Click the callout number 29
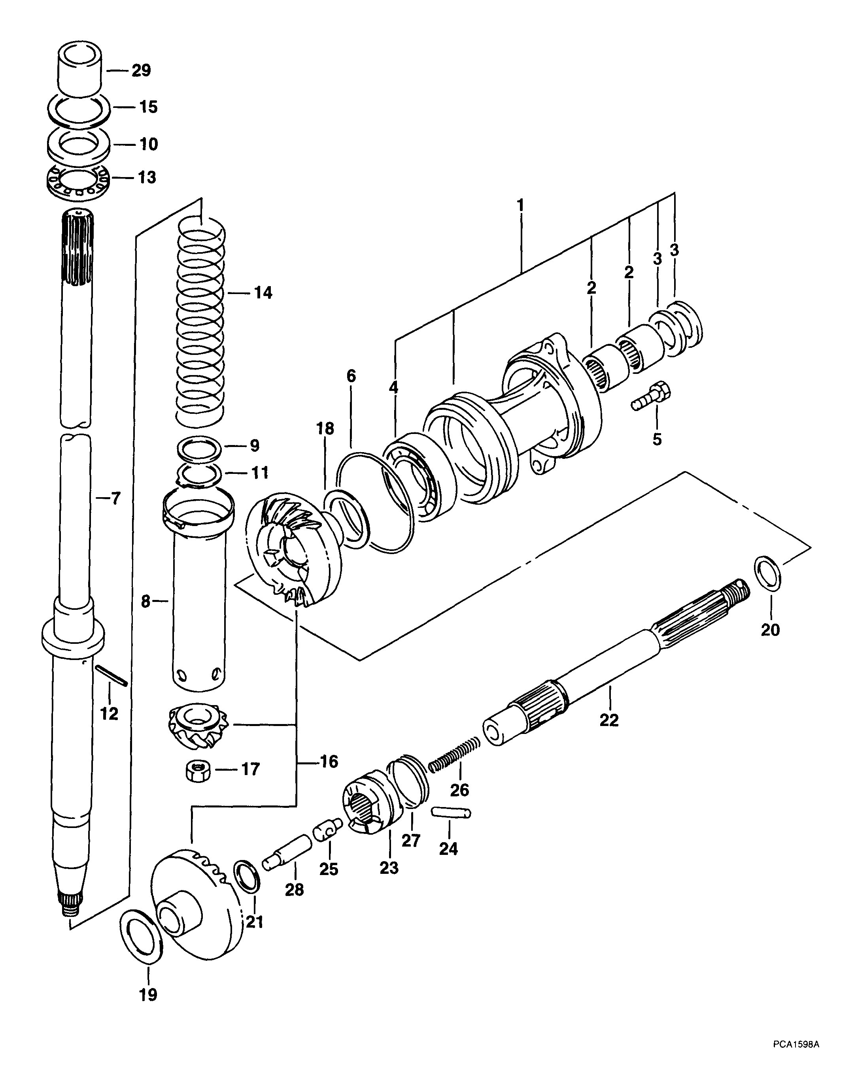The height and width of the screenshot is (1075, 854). tap(141, 70)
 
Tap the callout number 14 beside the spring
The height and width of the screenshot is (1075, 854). tap(263, 293)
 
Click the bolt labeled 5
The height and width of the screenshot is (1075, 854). tap(651, 396)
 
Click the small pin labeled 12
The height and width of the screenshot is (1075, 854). tap(112, 677)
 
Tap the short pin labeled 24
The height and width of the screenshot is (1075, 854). tap(450, 813)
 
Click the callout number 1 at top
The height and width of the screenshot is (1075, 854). tap(520, 205)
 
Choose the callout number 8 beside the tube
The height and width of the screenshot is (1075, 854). tap(145, 602)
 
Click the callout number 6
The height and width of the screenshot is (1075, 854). tap(351, 376)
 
